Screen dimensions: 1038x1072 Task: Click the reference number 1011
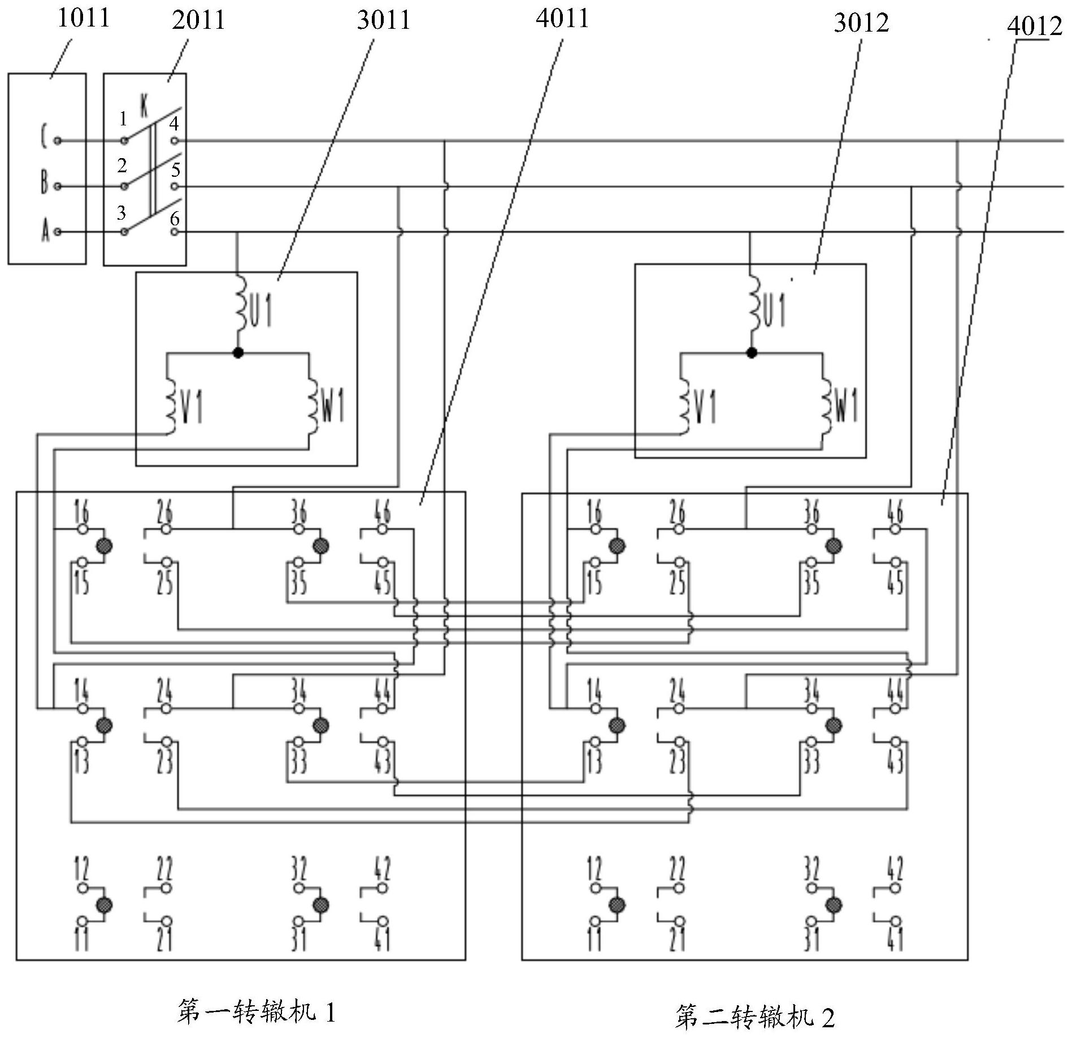83,18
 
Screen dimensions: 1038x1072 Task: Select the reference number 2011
198,21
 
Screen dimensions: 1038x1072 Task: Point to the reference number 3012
861,23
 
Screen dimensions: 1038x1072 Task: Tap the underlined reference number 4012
1034,27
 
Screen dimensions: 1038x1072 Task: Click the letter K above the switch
145,106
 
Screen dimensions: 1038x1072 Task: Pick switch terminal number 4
175,123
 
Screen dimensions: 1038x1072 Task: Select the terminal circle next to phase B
58,186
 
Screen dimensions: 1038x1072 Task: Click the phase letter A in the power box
45,232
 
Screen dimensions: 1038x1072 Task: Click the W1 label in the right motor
845,405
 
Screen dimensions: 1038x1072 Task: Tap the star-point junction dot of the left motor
238,353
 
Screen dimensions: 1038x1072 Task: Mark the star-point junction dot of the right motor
752,353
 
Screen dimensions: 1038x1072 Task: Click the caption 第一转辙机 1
256,1012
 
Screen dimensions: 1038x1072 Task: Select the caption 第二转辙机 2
754,1017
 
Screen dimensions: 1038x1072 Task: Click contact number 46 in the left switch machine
383,511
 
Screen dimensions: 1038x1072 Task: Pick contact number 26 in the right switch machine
678,511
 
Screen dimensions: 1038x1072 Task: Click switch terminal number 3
121,213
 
